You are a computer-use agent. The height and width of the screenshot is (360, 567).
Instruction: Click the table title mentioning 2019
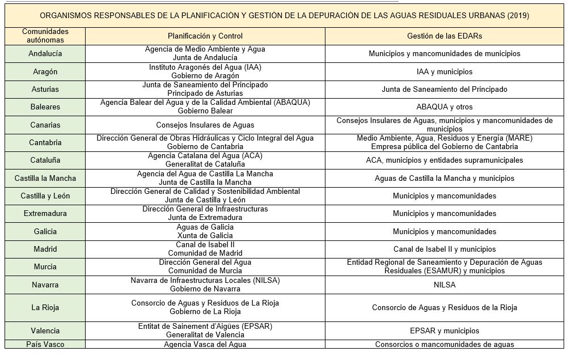tap(286, 16)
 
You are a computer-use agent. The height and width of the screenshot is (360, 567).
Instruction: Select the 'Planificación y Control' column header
tap(205, 36)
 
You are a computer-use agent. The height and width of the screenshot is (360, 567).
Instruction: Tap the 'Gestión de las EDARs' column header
tap(445, 36)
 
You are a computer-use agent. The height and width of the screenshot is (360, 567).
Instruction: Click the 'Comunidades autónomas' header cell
tap(45, 36)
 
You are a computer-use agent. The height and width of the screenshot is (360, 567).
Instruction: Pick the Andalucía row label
tap(45, 53)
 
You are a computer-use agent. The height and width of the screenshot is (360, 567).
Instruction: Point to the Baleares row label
tap(45, 107)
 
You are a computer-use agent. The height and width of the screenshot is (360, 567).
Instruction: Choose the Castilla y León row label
tap(45, 196)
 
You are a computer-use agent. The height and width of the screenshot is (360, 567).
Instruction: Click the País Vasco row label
tap(45, 344)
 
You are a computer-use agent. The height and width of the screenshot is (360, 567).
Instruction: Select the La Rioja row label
tap(45, 307)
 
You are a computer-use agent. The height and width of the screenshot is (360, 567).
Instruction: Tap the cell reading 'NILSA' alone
tap(445, 285)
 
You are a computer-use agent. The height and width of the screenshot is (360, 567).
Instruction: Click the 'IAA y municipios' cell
tap(445, 71)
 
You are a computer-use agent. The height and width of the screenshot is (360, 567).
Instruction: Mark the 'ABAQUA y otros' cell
tap(445, 107)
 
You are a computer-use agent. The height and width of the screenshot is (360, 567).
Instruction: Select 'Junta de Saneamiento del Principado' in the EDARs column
tap(445, 89)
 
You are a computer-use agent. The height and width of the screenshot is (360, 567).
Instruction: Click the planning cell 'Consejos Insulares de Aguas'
tap(205, 125)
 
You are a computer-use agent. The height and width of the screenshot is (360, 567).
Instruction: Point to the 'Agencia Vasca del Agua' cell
tap(205, 344)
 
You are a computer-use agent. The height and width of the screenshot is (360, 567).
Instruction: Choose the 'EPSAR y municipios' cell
tap(445, 331)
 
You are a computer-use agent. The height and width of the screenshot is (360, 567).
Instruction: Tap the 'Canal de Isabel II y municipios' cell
tap(445, 249)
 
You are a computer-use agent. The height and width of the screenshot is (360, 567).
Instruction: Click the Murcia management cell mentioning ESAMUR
tap(445, 266)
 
